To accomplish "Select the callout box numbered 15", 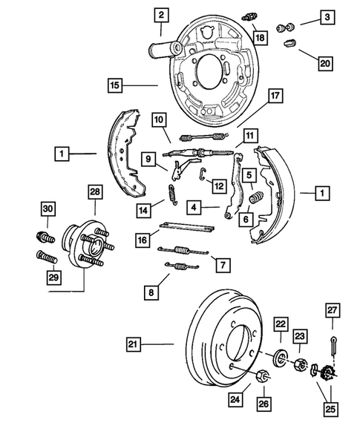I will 114,86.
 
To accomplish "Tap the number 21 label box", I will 133,344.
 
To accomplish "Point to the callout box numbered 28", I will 94,193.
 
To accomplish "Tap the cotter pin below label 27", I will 330,344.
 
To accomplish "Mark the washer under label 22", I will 281,358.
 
